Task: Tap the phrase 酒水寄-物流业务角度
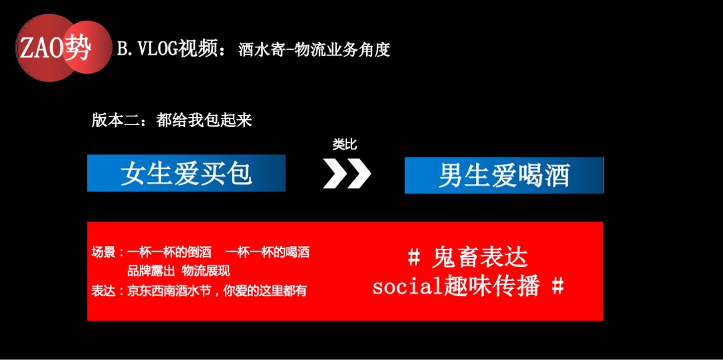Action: tap(314, 50)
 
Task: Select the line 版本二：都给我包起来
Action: tap(171, 120)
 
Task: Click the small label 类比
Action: tap(345, 145)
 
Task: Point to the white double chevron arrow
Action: tap(346, 174)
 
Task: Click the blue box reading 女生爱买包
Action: tap(186, 173)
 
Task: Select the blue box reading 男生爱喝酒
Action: tap(503, 175)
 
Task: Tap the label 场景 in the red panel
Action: tap(104, 253)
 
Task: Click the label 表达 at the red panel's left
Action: tap(104, 291)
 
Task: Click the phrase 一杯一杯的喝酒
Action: tap(268, 253)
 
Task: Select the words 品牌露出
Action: tap(151, 271)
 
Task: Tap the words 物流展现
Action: tap(206, 271)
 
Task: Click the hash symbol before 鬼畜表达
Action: tap(414, 257)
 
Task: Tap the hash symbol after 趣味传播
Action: tap(557, 286)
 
